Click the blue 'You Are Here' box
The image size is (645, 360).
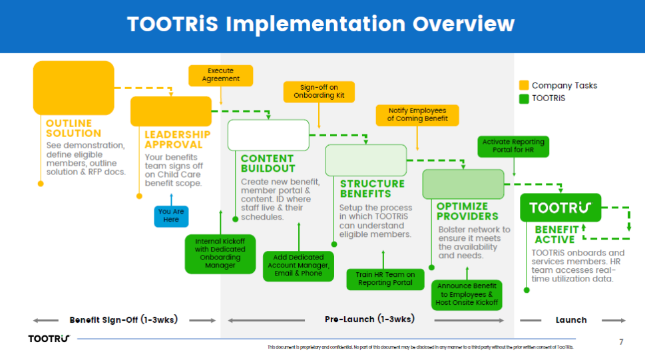171,216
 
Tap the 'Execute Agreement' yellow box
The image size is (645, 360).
220,75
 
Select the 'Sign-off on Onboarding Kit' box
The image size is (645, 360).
319,91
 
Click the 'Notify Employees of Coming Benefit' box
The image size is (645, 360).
417,114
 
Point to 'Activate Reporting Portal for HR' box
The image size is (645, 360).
513,146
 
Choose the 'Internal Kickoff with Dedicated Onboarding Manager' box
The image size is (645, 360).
220,253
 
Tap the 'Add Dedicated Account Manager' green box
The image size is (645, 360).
298,265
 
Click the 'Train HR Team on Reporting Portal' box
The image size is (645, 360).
385,279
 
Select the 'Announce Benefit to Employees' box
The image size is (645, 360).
467,294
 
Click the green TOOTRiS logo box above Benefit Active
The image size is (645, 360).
560,208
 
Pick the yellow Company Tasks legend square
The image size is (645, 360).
524,85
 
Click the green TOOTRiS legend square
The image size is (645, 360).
524,98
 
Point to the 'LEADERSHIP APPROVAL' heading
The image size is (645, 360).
178,139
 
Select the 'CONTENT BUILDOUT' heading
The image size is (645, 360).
267,164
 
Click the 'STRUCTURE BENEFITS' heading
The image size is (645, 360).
372,188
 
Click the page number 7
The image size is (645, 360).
621,341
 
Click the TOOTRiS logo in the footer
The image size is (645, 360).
49,339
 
